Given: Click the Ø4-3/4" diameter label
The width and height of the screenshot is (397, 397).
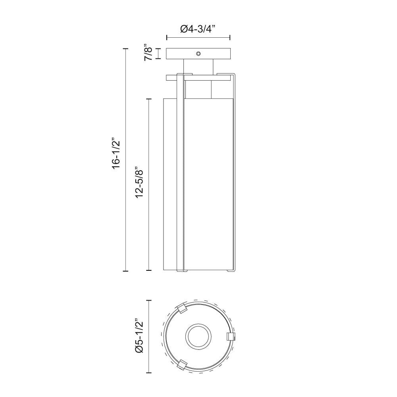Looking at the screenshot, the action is pyautogui.click(x=198, y=29).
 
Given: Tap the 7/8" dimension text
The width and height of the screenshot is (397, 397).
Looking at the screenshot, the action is pyautogui.click(x=148, y=54).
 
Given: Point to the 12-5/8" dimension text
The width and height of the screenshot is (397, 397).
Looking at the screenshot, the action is pyautogui.click(x=139, y=183).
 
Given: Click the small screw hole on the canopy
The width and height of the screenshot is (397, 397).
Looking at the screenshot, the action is pyautogui.click(x=198, y=54).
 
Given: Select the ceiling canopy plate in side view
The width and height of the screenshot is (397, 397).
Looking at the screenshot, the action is pyautogui.click(x=198, y=54).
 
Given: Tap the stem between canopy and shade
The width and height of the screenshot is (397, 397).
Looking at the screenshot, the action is pyautogui.click(x=198, y=67).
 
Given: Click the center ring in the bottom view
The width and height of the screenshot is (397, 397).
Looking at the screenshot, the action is pyautogui.click(x=198, y=337).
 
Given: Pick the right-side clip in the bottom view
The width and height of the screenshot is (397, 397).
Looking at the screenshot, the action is pyautogui.click(x=230, y=337).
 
